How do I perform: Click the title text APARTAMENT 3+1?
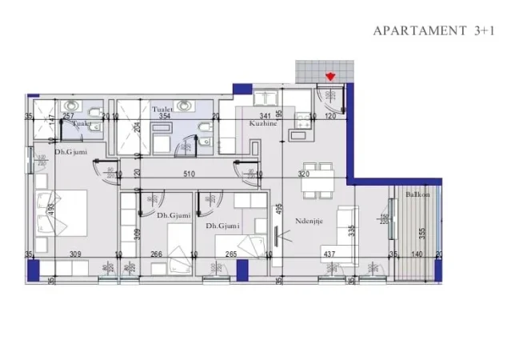(x=434, y=30)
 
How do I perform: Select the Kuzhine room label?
(x=263, y=125)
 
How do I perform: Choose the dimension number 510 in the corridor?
(x=189, y=173)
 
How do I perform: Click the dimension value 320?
(x=304, y=173)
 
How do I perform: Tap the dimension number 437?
(x=329, y=254)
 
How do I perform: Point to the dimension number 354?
(x=165, y=116)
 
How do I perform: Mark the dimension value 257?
(x=68, y=116)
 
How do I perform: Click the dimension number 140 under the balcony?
(x=416, y=254)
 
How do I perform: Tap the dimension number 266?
(x=156, y=254)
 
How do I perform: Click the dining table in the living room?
(x=317, y=182)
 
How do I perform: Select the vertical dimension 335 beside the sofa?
(x=351, y=232)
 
